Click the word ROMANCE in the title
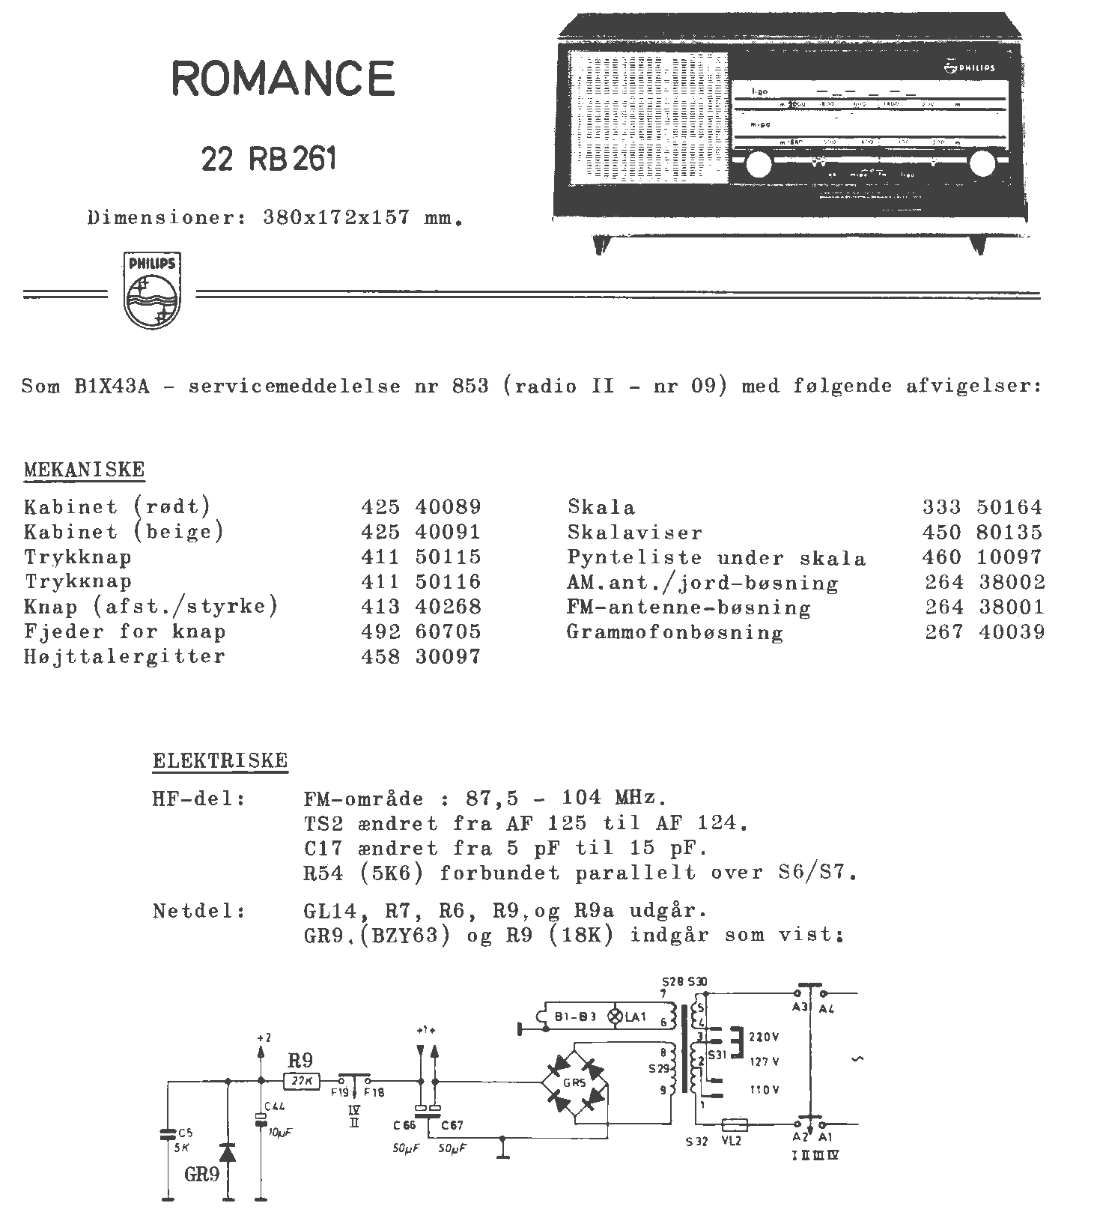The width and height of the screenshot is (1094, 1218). pyautogui.click(x=283, y=78)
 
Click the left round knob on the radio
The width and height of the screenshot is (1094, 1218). pyautogui.click(x=758, y=164)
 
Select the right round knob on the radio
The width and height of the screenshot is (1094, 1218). pyautogui.click(x=982, y=164)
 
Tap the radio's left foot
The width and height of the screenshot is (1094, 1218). pyautogui.click(x=600, y=244)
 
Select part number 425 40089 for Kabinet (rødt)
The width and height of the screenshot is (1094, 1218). pyautogui.click(x=421, y=507)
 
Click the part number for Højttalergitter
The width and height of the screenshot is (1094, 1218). pyautogui.click(x=421, y=657)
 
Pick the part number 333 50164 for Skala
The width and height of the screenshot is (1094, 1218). pyautogui.click(x=982, y=507)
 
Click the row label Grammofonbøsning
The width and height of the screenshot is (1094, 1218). pyautogui.click(x=675, y=632)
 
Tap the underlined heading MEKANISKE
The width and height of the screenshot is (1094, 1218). pyautogui.click(x=85, y=470)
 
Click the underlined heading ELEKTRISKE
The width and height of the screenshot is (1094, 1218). pyautogui.click(x=220, y=761)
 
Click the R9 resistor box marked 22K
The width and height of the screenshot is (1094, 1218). pyautogui.click(x=303, y=1081)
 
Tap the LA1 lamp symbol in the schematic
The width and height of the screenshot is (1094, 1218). pyautogui.click(x=616, y=1016)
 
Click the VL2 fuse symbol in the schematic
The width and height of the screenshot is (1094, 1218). pyautogui.click(x=735, y=1124)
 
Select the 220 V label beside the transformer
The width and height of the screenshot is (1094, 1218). pyautogui.click(x=764, y=1037)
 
